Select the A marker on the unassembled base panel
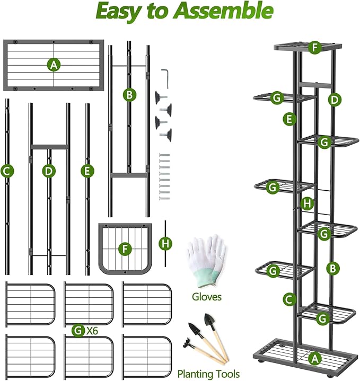(x=53, y=65)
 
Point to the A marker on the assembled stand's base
(x=315, y=359)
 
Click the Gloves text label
(x=207, y=297)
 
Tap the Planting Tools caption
(x=208, y=374)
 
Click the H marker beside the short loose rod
(x=166, y=243)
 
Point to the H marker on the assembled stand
(x=307, y=203)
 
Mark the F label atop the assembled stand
(x=315, y=48)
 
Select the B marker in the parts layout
(x=129, y=95)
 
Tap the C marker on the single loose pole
(x=7, y=171)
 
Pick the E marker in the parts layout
(x=87, y=171)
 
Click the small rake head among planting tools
(x=188, y=341)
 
